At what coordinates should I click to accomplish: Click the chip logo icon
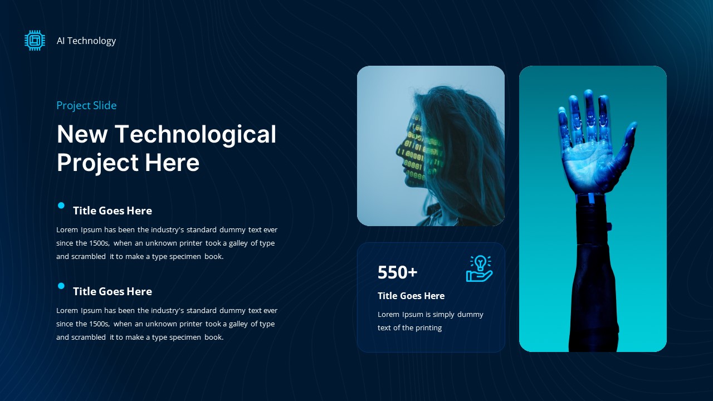click(x=35, y=41)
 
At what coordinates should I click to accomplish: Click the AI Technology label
click(x=86, y=41)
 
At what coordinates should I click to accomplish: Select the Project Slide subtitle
click(x=86, y=105)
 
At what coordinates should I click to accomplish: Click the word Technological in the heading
click(x=195, y=134)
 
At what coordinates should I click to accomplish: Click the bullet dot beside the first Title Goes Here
click(x=61, y=206)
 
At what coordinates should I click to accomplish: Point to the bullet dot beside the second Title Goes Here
click(x=61, y=286)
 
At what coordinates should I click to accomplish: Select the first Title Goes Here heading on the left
click(x=113, y=211)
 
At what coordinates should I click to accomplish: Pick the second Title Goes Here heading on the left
click(x=113, y=291)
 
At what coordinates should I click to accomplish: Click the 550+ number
click(x=397, y=272)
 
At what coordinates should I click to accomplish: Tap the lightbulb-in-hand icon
click(x=479, y=268)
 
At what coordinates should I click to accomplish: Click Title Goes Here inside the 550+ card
click(x=411, y=296)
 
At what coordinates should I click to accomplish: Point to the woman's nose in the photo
click(x=398, y=149)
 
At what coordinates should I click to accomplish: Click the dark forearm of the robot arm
click(x=592, y=278)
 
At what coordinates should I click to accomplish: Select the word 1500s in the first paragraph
click(x=100, y=243)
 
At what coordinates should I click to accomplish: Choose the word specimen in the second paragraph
click(x=186, y=338)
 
